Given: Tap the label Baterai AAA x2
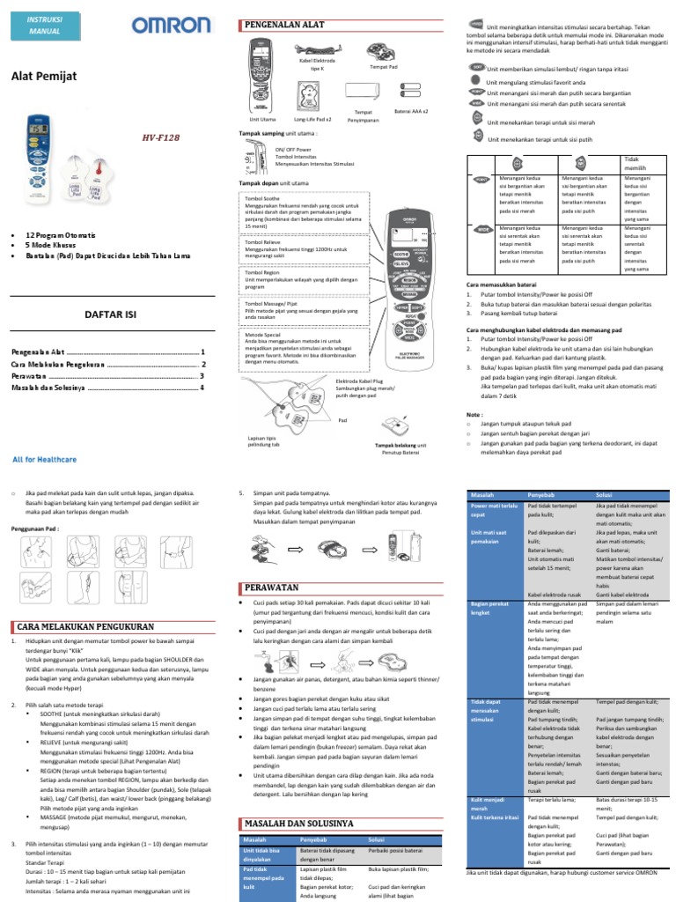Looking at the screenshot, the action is point(411,112).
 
